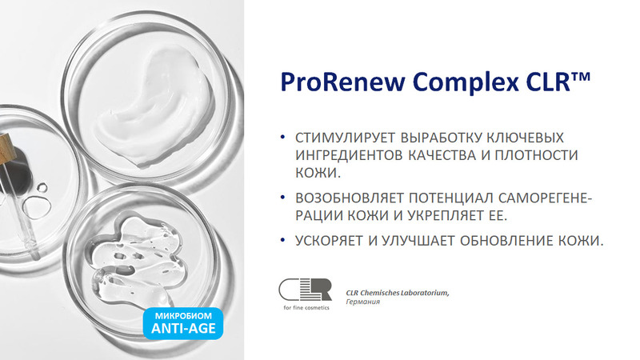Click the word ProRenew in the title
pyautogui.click(x=343, y=82)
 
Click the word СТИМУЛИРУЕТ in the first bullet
pyautogui.click(x=345, y=138)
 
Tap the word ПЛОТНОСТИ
pyautogui.click(x=536, y=155)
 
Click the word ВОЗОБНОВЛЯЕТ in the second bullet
pyautogui.click(x=350, y=198)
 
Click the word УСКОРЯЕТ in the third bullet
pyautogui.click(x=330, y=241)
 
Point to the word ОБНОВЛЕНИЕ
pyautogui.click(x=505, y=241)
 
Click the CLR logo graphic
pyautogui.click(x=306, y=290)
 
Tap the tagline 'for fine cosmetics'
pyautogui.click(x=306, y=308)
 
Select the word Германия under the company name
pyautogui.click(x=363, y=302)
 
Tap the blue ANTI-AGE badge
pyautogui.click(x=183, y=323)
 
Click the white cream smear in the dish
pyautogui.click(x=154, y=107)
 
